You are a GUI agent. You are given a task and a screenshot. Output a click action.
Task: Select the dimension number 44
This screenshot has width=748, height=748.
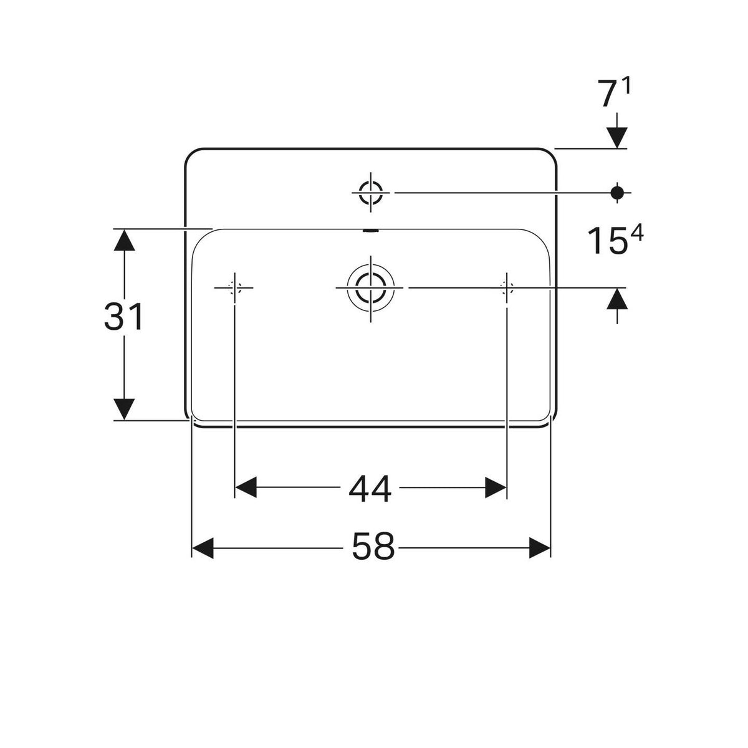370,488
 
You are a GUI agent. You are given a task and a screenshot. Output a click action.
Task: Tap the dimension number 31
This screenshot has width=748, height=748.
123,317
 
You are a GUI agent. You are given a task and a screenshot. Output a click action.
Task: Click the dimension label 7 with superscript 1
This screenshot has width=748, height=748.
614,92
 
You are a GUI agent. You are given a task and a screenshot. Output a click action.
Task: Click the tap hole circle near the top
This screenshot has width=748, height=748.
371,193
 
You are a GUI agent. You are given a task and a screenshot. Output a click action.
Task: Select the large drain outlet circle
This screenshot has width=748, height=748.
371,288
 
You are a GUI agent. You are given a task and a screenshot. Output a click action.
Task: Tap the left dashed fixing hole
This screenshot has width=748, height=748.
234,288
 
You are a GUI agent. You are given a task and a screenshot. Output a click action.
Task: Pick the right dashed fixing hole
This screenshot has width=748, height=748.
507,288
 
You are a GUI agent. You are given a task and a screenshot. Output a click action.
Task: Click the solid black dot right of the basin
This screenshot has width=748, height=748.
617,192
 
